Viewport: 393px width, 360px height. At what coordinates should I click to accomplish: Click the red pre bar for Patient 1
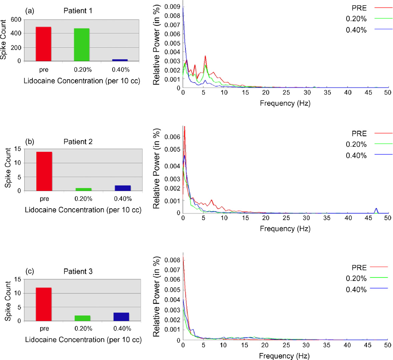coord(43,44)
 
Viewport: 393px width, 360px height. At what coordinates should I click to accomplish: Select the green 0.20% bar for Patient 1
coord(82,45)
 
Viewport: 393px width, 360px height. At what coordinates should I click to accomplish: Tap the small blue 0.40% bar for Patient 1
coord(120,60)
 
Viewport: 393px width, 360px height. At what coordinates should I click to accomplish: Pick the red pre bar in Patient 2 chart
coord(44,171)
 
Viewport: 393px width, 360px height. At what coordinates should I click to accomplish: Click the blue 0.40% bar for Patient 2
coord(123,188)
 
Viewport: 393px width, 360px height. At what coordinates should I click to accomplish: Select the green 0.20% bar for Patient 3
coord(82,318)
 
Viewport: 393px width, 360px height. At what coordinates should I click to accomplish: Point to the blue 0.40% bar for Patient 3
coord(122,317)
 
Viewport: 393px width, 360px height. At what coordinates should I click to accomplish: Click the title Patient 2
coord(78,142)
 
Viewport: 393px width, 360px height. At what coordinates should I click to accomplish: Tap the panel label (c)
coord(29,271)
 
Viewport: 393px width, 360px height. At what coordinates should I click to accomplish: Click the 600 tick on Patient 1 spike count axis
coord(16,20)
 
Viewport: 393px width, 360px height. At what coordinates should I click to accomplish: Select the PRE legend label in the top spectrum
coord(359,8)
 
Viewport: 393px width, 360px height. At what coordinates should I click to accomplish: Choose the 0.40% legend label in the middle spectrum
coord(356,155)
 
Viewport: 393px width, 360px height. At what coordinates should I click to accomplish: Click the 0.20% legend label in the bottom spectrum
coord(356,279)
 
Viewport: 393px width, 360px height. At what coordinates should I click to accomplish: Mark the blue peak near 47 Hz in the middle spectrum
coord(376,209)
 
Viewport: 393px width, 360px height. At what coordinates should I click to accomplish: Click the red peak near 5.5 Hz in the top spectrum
coord(205,56)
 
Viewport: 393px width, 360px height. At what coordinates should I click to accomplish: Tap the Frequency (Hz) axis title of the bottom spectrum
coord(284,356)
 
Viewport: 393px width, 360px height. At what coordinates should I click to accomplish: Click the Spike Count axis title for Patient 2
coord(8,167)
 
